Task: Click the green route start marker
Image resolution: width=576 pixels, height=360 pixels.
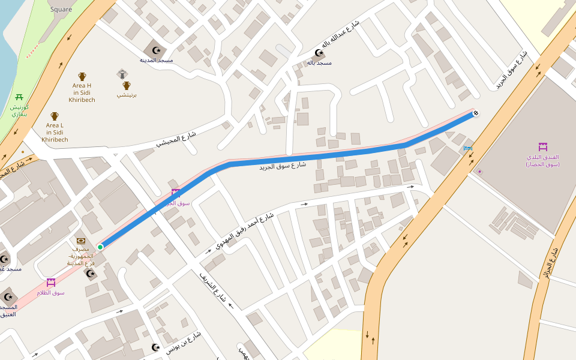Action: [100, 247]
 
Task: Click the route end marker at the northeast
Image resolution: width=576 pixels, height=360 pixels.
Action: [476, 113]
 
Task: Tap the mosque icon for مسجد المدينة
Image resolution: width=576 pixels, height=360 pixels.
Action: [157, 50]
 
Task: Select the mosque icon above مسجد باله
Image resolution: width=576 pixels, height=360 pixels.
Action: [319, 53]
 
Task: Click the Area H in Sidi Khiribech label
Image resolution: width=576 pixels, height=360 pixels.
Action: [82, 92]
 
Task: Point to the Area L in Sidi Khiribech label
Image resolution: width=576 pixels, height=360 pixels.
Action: [55, 132]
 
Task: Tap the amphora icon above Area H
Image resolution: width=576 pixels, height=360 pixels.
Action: [82, 77]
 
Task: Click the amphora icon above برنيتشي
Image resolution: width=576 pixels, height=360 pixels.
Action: [126, 86]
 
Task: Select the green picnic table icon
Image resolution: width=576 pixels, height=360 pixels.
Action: [20, 97]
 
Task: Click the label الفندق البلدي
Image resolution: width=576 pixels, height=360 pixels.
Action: [542, 160]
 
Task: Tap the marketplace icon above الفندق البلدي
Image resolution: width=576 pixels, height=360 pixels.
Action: [542, 147]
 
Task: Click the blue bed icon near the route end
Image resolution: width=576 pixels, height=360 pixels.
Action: [468, 148]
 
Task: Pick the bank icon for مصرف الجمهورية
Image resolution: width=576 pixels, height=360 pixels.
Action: [80, 241]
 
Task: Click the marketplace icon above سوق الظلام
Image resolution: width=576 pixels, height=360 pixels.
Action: [51, 282]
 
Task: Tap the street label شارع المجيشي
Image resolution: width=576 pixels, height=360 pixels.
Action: [176, 137]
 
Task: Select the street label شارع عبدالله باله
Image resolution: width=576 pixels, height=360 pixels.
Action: [340, 34]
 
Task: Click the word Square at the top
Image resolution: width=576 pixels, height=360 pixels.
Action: [61, 9]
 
